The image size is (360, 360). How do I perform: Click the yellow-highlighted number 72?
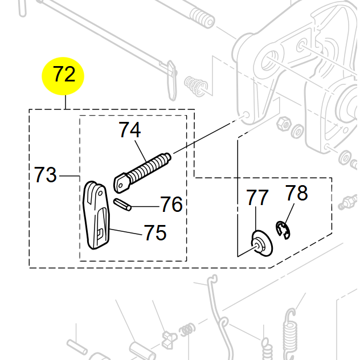click(64, 75)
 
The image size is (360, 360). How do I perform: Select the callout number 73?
click(46, 174)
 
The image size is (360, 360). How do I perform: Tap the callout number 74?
click(130, 130)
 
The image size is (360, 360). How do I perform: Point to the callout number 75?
click(154, 232)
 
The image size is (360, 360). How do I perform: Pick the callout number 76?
click(171, 204)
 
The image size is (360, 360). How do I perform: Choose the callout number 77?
click(257, 198)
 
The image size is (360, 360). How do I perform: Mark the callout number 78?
click(296, 193)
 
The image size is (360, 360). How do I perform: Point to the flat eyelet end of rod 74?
click(122, 183)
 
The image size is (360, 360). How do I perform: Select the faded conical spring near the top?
click(196, 87)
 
